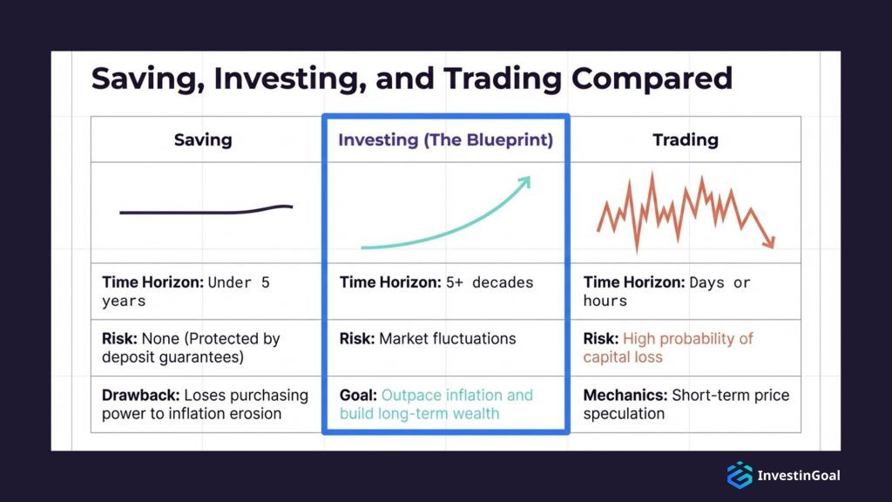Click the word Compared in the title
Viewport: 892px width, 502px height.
[652, 78]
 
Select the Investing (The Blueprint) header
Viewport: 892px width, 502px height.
[445, 139]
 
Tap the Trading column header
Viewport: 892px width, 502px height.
[685, 139]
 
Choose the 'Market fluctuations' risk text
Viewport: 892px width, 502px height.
[447, 339]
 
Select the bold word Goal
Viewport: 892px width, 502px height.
[358, 395]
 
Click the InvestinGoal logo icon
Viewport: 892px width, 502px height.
[739, 475]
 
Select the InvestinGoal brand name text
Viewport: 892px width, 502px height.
[799, 476]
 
